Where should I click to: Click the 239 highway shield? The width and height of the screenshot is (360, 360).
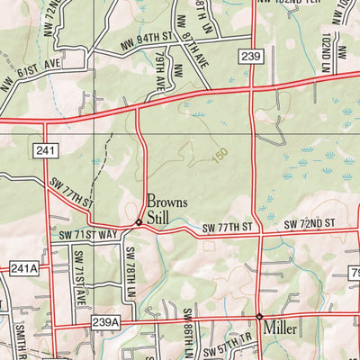251,57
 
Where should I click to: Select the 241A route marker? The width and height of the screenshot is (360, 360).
24,268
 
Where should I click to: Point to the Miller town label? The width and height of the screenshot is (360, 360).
282,330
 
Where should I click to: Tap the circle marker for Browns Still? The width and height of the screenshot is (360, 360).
138,222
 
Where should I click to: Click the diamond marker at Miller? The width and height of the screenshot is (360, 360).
259,317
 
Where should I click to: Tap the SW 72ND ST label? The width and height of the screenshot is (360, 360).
310,223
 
